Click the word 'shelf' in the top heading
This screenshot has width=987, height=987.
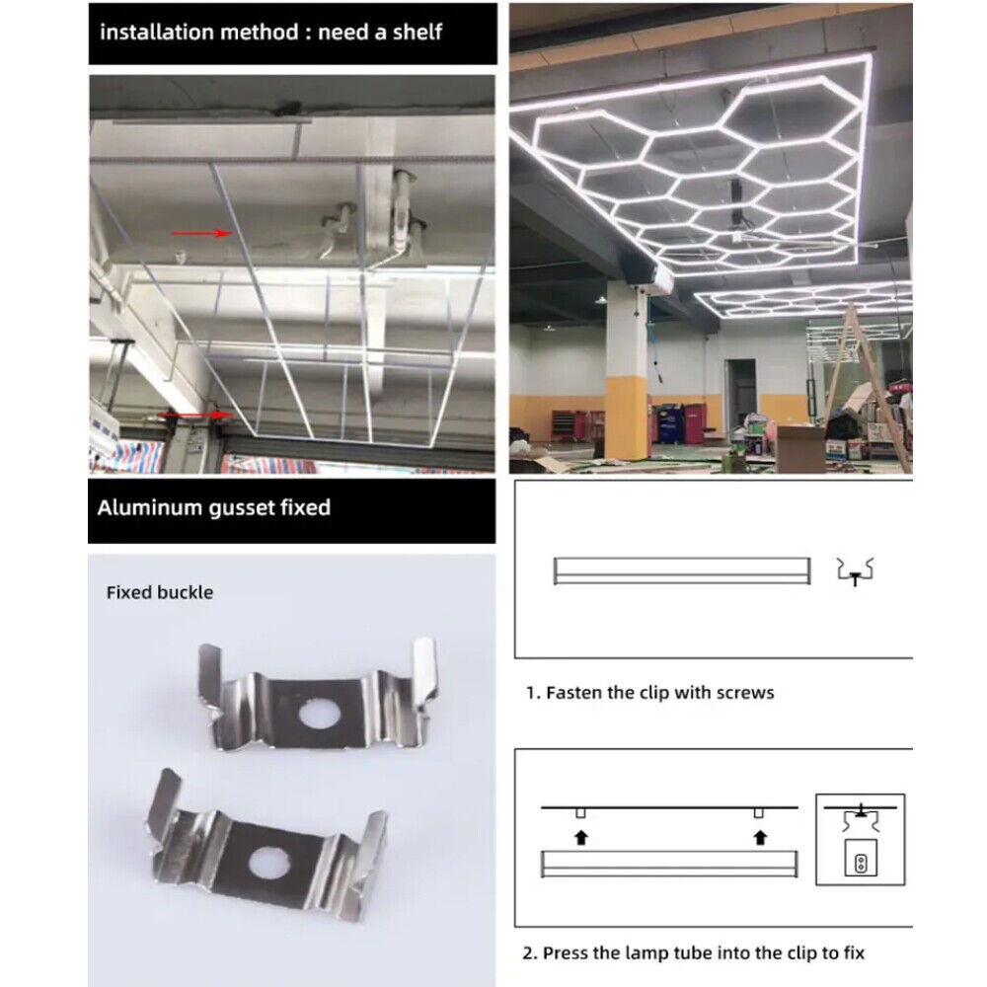pos(418,32)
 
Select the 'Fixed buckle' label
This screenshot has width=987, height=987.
pos(160,592)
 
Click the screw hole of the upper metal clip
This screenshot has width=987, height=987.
pos(320,715)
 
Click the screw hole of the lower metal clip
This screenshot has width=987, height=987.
pos(269,863)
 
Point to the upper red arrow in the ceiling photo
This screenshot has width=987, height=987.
pos(202,234)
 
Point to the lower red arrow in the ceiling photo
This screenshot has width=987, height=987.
pos(195,415)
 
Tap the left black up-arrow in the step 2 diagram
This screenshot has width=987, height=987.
pos(581,837)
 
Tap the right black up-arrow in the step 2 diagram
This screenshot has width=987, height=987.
pos(760,837)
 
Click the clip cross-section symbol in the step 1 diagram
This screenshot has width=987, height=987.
pos(855,571)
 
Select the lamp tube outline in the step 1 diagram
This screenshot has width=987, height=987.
pos(682,570)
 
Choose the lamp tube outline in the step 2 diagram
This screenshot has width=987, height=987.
pos(669,864)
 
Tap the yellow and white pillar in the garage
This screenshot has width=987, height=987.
pos(626,371)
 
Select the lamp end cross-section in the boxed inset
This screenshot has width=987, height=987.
pos(861,858)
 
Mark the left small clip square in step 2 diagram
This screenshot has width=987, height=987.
pos(580,813)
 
